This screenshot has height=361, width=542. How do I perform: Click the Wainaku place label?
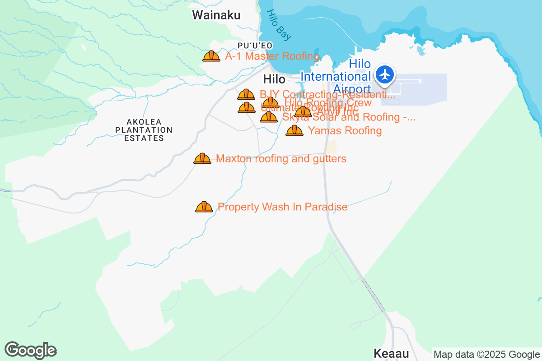[x=216, y=15]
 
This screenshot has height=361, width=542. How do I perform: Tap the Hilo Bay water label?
[x=279, y=24]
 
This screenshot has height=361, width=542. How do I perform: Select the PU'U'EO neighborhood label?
[x=255, y=45]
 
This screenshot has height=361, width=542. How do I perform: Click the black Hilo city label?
[x=274, y=79]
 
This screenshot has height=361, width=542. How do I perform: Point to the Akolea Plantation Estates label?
[x=144, y=130]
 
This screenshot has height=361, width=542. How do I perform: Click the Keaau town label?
[x=391, y=353]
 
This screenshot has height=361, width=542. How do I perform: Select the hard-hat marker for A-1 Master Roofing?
[x=211, y=56]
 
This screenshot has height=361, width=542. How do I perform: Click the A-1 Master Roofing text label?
[x=272, y=56]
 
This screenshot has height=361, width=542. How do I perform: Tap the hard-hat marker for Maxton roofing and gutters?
[x=202, y=158]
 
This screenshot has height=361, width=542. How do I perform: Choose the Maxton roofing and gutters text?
[x=281, y=158]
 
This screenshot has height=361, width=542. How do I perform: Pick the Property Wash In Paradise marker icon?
[x=204, y=207]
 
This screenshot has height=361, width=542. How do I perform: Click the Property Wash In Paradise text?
[x=282, y=207]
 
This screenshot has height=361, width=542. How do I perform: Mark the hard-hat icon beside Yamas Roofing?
[x=294, y=130]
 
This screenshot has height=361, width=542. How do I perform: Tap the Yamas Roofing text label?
[x=345, y=131]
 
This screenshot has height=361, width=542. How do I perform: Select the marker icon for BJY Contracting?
[x=246, y=94]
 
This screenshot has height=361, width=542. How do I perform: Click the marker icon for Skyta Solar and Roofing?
[x=269, y=117]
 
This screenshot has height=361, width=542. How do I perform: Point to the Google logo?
[x=31, y=350]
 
